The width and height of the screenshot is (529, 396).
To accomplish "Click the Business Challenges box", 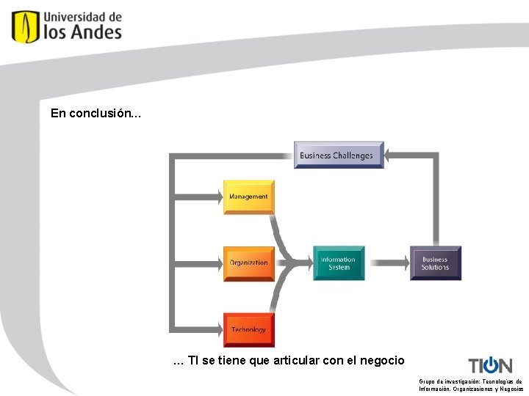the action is click(x=339, y=155).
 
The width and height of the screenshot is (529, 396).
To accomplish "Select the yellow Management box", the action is click(x=248, y=197).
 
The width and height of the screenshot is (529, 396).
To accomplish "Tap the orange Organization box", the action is click(x=248, y=263).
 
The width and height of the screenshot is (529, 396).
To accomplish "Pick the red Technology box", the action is click(x=248, y=330).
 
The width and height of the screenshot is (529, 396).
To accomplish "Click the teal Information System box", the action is click(x=339, y=263).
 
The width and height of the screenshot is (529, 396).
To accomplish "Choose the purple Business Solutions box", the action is click(x=435, y=263).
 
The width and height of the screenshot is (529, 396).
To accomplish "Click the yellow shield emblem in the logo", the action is click(x=25, y=26).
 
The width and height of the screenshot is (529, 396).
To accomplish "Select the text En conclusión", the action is click(x=93, y=114).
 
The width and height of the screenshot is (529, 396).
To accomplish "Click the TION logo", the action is click(x=490, y=364).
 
